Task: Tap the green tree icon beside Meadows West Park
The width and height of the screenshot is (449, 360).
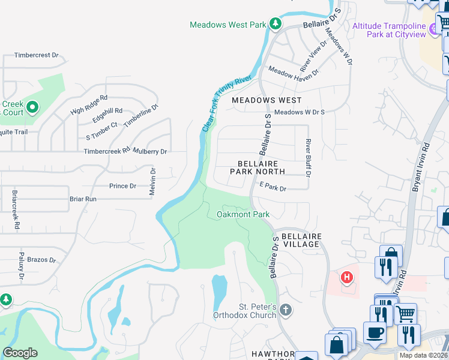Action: coord(275,23)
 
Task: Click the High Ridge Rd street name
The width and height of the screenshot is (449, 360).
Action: coord(88,103)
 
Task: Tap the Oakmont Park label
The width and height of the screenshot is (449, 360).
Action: coord(243,214)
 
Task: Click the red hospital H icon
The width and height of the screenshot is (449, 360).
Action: coord(346,277)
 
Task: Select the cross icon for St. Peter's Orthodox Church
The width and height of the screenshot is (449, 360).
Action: coord(286,310)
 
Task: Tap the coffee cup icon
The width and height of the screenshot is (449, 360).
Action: coord(376,332)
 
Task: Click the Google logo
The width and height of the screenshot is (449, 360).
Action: coord(20,352)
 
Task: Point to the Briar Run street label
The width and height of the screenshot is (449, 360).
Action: coord(83,199)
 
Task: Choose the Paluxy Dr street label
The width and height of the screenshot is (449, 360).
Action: coord(21,266)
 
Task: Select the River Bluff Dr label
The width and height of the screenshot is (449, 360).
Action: coord(308,158)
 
